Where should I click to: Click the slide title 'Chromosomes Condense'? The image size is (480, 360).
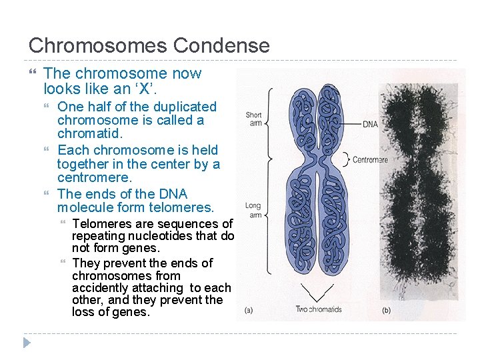[x=149, y=45]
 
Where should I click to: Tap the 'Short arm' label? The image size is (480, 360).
[x=254, y=119]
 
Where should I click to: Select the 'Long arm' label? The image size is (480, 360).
[x=253, y=210]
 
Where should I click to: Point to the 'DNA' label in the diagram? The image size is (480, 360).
[x=370, y=124]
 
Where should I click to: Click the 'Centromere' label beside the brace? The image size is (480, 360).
[x=371, y=160]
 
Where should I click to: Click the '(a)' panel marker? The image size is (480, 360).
[x=248, y=309]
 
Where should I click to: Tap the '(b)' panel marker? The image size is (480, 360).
[x=386, y=309]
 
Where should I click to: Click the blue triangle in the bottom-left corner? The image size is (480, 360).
[x=26, y=343]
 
